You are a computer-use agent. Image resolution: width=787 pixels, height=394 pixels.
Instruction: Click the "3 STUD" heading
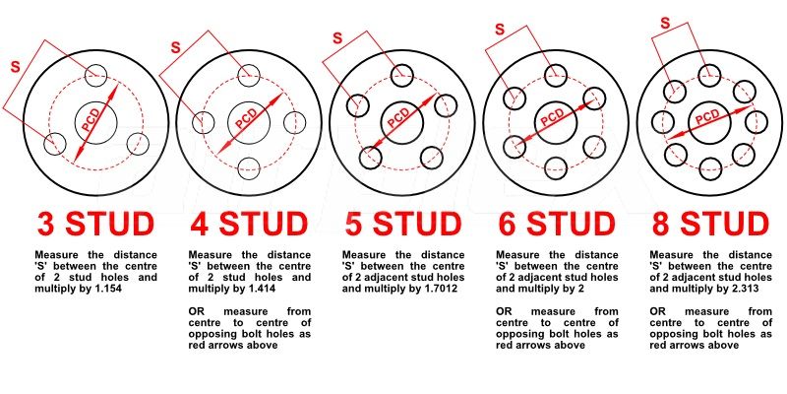(95, 224)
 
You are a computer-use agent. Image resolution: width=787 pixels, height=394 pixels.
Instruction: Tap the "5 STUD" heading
(403, 224)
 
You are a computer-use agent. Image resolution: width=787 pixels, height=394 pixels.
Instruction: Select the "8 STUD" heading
(710, 224)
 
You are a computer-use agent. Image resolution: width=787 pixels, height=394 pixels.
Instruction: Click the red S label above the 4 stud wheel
(175, 47)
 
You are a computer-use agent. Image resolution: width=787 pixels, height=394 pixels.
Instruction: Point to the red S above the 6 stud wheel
(500, 30)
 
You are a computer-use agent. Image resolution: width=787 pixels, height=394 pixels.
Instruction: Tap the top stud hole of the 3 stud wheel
(95, 76)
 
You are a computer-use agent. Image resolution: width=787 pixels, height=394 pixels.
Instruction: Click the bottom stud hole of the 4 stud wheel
(249, 167)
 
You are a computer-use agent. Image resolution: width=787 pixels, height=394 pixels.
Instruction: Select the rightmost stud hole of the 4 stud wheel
(294, 122)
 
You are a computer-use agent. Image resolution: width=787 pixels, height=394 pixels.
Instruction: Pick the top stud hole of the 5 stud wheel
(401, 76)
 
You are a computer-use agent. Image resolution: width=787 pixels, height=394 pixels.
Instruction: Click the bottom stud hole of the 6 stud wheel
(555, 167)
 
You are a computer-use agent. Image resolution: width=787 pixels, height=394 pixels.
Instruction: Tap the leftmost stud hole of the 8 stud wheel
(663, 122)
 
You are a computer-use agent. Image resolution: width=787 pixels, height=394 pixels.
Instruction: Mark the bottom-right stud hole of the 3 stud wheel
(138, 144)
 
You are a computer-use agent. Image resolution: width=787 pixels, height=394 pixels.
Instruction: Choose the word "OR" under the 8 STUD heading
(657, 311)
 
